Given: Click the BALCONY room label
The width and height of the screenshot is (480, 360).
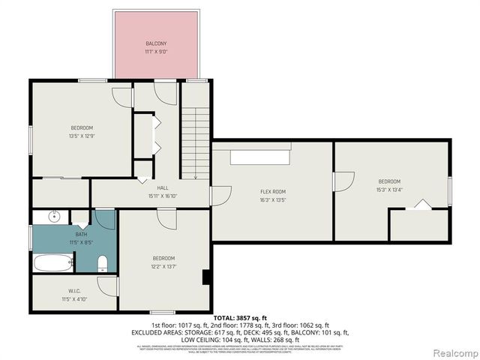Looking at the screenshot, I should coord(157,44).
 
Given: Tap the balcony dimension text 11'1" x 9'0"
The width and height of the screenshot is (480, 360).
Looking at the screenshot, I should coord(157,52).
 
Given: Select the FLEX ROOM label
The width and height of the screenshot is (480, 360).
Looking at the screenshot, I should coord(273,192).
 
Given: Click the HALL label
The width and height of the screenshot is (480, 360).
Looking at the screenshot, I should coord(162,187).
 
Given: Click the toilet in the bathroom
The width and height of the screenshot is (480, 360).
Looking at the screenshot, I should coord(103,262).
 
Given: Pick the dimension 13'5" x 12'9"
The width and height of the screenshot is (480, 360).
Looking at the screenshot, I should coord(82,136).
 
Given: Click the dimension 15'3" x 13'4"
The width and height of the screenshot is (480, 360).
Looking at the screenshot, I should coord(389,190).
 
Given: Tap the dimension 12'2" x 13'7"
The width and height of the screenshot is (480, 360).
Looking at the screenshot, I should coord(164,266).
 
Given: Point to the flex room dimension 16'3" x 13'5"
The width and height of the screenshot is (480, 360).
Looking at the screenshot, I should coord(273,200).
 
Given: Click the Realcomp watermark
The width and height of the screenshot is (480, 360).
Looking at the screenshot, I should coord(454,352).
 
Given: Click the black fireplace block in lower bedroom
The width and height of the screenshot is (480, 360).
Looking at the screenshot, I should coord(205,277).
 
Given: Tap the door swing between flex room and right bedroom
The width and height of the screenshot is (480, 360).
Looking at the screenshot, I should coord(343,182).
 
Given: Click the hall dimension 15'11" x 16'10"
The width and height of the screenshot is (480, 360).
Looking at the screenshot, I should coord(162,196).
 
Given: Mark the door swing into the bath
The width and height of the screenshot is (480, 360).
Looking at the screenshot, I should coord(106,219).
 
